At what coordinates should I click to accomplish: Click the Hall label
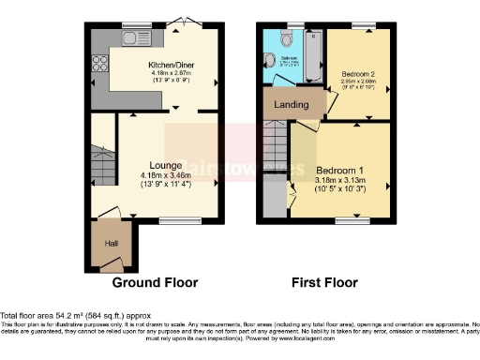110,244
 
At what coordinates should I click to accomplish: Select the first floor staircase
273,150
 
